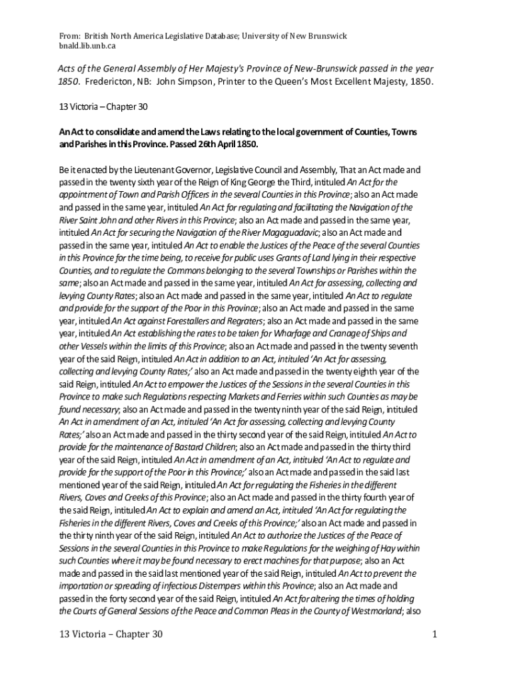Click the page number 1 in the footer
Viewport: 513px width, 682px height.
[434, 634]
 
